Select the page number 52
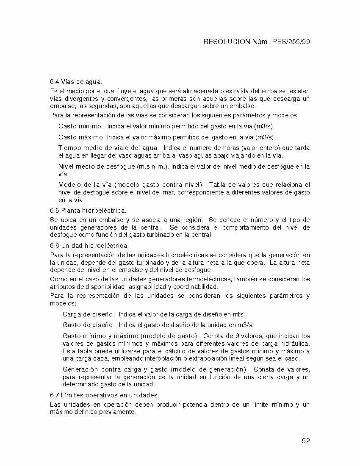(x=306, y=441)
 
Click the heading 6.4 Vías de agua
(x=76, y=81)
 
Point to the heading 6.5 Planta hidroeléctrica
(x=88, y=210)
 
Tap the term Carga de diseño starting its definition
(x=88, y=314)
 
